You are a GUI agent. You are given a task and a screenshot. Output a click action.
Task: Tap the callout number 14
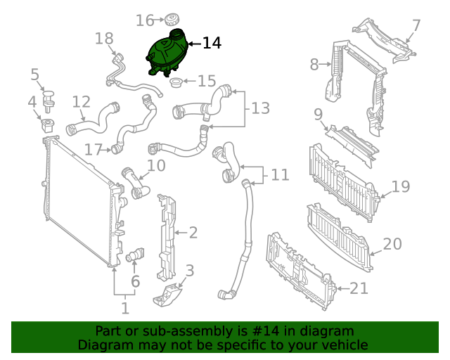coord(212,44)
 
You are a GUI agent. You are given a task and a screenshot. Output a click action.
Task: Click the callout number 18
coord(103,38)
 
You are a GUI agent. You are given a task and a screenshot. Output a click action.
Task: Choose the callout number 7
coord(416,26)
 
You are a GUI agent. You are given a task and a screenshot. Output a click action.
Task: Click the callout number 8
coord(314,65)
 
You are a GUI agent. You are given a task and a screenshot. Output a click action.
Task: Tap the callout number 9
coord(318,114)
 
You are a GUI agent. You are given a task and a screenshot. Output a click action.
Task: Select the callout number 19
coord(400,186)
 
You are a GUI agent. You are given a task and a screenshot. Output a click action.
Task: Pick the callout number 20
coord(392,244)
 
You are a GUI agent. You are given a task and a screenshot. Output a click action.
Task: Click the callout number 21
coord(359,288)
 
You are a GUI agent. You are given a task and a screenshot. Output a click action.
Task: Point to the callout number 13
coord(260,108)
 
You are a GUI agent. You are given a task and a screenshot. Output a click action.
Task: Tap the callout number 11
coord(280,174)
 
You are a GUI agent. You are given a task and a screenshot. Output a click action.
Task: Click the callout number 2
coord(193,232)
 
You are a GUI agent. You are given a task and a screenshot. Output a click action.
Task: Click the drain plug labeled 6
coord(135,257)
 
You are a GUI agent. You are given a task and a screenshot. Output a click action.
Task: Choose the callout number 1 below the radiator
coord(124,307)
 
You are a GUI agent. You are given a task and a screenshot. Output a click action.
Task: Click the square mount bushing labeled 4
coord(49,127)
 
